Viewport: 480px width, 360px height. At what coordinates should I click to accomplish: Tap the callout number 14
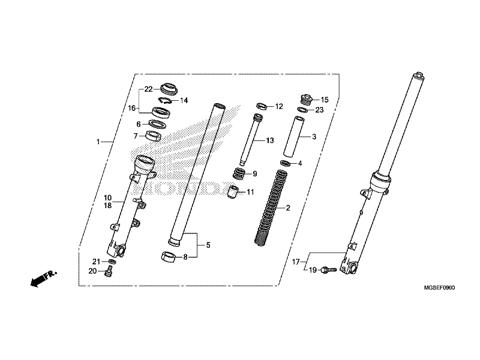pyautogui.click(x=184, y=100)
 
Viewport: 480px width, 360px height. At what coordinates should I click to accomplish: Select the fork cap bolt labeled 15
pyautogui.click(x=306, y=99)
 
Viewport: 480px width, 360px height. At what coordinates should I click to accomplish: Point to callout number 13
pyautogui.click(x=269, y=140)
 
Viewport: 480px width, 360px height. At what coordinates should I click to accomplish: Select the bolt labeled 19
pyautogui.click(x=327, y=271)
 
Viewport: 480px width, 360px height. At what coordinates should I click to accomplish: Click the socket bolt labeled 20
pyautogui.click(x=109, y=273)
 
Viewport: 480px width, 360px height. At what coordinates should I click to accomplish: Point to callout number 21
pyautogui.click(x=95, y=261)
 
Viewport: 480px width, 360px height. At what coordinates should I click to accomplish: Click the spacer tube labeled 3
pyautogui.click(x=299, y=137)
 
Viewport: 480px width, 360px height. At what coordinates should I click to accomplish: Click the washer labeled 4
pyautogui.click(x=286, y=163)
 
